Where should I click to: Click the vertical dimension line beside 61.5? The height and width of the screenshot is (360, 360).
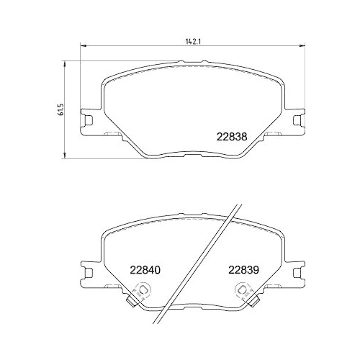(66, 108)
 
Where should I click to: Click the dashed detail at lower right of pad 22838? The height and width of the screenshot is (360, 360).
(273, 135)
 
